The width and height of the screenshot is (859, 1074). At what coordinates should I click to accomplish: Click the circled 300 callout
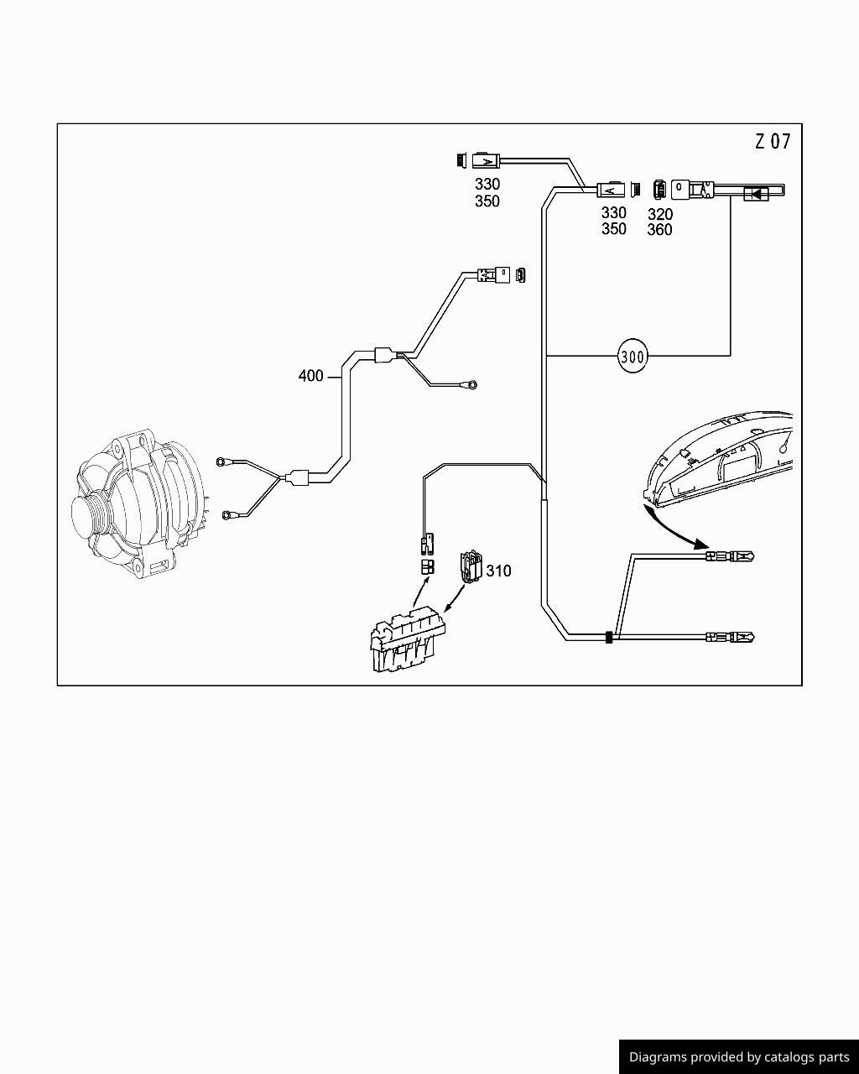tap(633, 357)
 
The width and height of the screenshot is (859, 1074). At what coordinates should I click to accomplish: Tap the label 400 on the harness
tap(310, 376)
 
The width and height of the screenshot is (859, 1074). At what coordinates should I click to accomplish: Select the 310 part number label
tap(498, 571)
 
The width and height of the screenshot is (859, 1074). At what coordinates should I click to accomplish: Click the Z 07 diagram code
tap(773, 142)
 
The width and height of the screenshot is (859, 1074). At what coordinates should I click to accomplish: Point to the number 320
tap(660, 214)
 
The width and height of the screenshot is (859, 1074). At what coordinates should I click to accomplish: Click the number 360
tap(660, 230)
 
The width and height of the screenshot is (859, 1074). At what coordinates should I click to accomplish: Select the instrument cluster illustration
tap(719, 460)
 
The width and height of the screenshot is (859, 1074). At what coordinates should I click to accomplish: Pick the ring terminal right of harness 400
tap(471, 385)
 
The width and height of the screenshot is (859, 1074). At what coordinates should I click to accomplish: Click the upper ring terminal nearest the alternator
tap(221, 461)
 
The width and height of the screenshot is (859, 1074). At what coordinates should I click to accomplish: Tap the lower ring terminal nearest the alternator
tap(227, 514)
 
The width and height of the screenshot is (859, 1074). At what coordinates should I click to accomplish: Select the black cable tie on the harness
tap(609, 638)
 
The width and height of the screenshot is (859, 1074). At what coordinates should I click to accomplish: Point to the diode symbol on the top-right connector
tap(755, 193)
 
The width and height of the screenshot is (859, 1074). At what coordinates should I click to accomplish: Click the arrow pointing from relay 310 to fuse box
tap(455, 598)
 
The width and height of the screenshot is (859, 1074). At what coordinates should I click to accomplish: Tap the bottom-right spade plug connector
tap(730, 637)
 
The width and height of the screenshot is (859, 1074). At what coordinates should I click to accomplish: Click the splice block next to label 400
tap(384, 355)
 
